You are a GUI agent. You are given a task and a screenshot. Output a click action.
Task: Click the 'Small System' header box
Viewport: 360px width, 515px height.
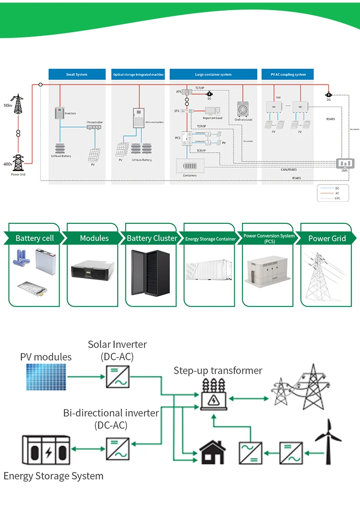[x=77, y=74]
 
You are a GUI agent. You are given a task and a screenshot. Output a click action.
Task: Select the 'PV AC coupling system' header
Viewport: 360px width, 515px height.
[x=288, y=74]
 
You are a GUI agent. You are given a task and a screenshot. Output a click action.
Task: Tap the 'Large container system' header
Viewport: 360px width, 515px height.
[x=213, y=74]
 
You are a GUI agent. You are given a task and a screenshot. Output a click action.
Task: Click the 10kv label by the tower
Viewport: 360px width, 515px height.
[x=8, y=105]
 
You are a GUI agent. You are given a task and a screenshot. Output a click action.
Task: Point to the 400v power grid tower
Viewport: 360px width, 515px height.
[x=18, y=162]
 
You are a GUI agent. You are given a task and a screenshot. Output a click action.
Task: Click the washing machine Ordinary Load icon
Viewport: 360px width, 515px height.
[x=243, y=109]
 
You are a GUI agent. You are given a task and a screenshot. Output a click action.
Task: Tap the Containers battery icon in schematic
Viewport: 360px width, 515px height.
[x=190, y=165]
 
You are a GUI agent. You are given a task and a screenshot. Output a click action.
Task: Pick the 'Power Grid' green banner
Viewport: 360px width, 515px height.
[x=326, y=238]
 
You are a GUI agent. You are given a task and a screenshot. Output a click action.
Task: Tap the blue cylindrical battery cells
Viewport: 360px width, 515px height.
[x=23, y=258]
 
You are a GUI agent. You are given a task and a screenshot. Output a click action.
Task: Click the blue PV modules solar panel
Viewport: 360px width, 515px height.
[x=46, y=377]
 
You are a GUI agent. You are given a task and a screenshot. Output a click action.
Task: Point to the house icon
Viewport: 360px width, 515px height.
[x=212, y=453]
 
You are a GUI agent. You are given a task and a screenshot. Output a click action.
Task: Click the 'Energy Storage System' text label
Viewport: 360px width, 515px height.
[x=53, y=476]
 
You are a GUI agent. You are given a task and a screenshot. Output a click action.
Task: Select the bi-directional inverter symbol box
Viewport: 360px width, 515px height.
[x=117, y=449]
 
